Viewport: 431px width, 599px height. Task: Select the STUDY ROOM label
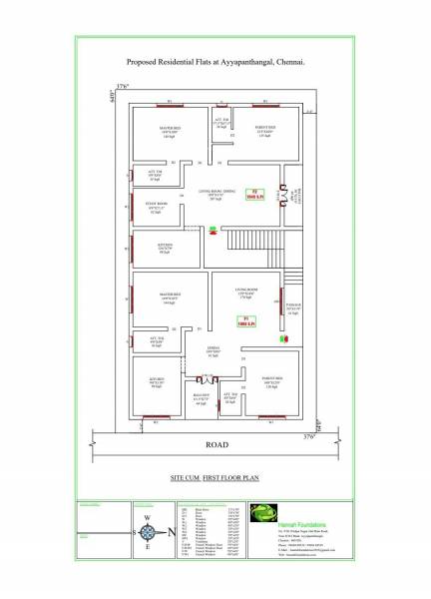point(157,208)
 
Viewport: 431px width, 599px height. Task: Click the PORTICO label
point(292,307)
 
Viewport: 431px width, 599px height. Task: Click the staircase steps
point(250,241)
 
